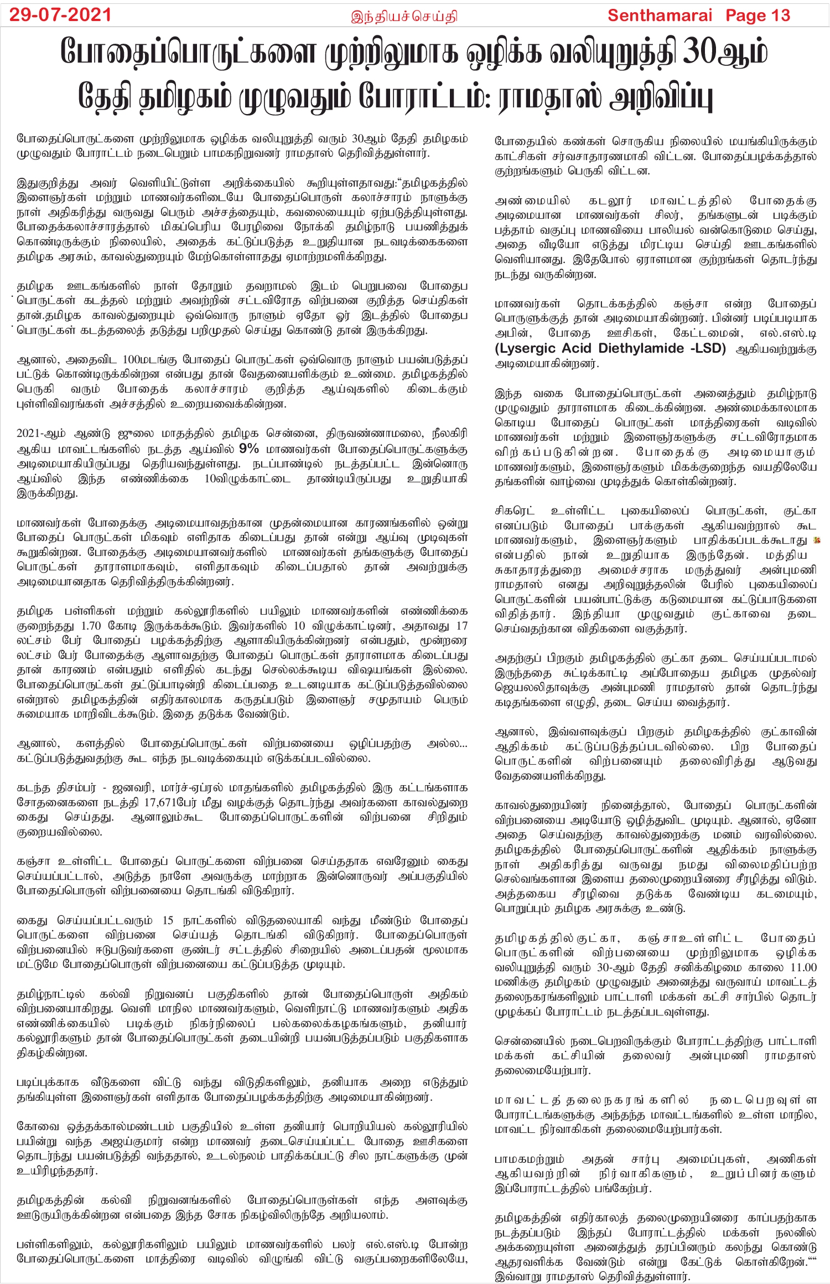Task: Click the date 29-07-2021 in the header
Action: [x=60, y=15]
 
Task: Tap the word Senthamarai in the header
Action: [x=660, y=16]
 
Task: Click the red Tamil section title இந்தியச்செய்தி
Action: [x=404, y=17]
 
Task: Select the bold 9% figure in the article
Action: [x=249, y=448]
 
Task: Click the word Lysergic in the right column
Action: [x=533, y=348]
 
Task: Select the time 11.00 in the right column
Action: [x=803, y=967]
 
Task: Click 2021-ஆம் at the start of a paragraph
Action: [x=41, y=434]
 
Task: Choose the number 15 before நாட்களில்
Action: [x=168, y=920]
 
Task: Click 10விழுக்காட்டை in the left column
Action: [x=247, y=478]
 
